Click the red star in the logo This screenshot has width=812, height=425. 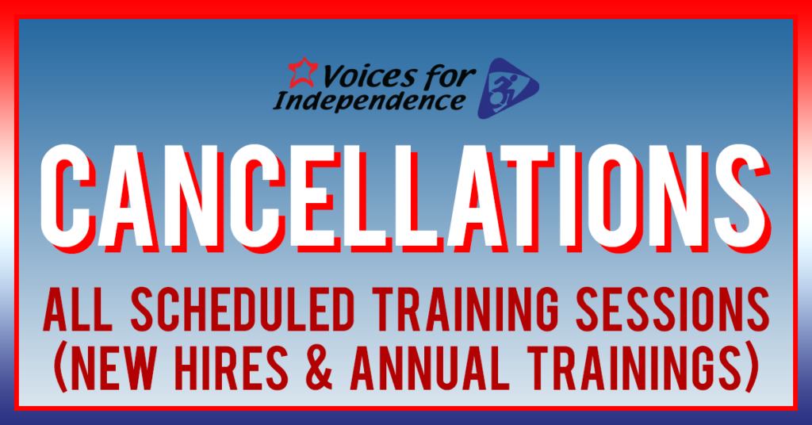tap(302, 72)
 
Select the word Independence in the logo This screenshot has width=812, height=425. tap(369, 101)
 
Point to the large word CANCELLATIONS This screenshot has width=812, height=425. tap(405, 197)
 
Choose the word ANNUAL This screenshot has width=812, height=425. tap(430, 368)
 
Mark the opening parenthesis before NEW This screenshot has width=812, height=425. tap(60, 368)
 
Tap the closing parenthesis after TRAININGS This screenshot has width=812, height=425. tap(752, 368)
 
